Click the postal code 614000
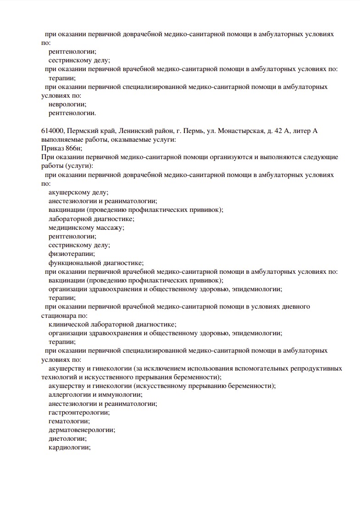pos(51,131)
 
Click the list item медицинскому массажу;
pos(86,227)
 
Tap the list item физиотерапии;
pos(72,254)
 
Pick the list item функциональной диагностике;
pos(96,263)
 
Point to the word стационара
pos(58,316)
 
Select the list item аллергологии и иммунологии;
pos(95,394)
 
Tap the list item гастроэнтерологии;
pos(79,412)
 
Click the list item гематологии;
pos(69,421)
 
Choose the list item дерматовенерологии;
pos(82,430)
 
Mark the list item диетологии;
pos(67,438)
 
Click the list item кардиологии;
pos(69,447)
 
